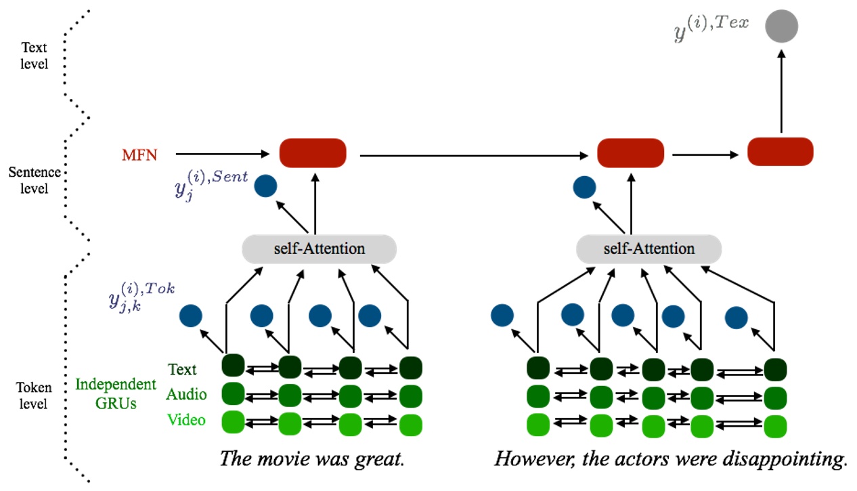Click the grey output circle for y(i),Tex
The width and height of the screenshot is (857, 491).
coord(781,27)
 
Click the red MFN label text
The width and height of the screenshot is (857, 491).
coord(139,155)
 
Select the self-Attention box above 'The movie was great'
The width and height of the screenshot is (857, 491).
coord(319,249)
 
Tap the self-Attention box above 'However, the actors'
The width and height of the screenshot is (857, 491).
coord(649,249)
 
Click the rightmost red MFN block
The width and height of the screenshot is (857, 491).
coord(780,152)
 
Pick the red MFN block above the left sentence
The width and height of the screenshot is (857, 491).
coord(313,152)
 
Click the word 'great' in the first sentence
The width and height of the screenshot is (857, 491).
coord(379,458)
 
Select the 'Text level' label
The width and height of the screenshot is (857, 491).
coord(35,56)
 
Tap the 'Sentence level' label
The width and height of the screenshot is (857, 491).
coord(34,180)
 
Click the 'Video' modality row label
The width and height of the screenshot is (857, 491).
coord(186,420)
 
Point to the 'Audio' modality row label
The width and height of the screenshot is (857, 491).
coord(186,394)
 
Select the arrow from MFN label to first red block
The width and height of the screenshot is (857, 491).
coord(220,154)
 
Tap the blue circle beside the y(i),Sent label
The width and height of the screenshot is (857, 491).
coord(265,186)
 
